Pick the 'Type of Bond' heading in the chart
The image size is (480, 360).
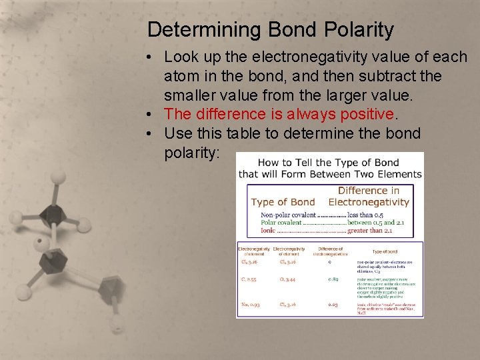click(x=283, y=202)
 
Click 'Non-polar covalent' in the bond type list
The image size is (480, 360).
click(x=289, y=215)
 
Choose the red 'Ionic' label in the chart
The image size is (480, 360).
click(x=268, y=231)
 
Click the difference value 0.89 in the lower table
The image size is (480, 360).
click(x=333, y=279)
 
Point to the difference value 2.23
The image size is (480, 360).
click(x=333, y=304)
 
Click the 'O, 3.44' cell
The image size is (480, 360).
click(x=289, y=279)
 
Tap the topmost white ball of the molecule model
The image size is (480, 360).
click(x=59, y=177)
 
